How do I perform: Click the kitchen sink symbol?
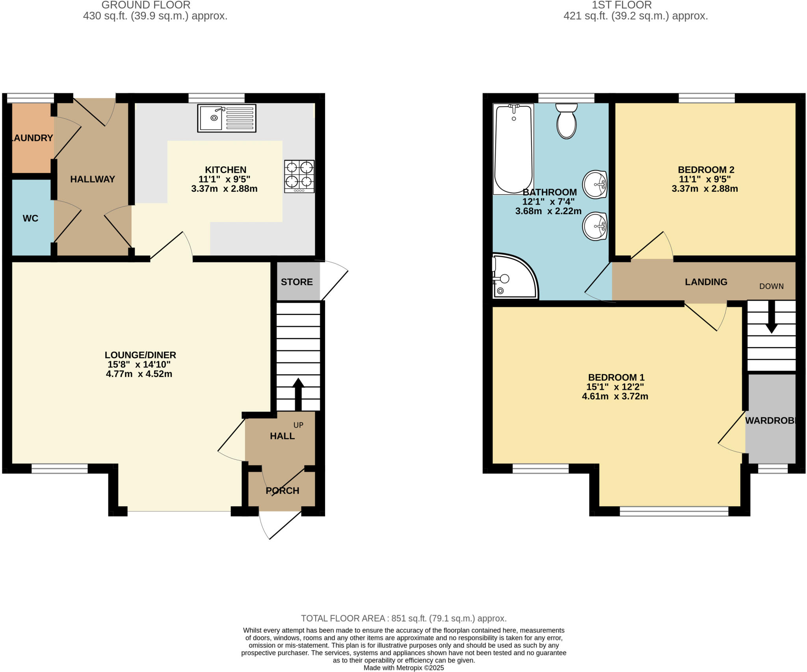[227, 118]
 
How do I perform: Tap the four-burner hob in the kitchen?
[299, 176]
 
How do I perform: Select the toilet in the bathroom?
[567, 121]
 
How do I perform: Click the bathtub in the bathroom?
[513, 149]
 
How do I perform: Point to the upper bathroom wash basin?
[595, 184]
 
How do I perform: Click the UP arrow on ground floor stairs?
[298, 394]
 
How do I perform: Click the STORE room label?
[297, 282]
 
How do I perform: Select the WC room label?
[30, 218]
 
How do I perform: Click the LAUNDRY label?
[32, 138]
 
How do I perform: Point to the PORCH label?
[282, 491]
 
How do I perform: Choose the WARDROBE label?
[770, 420]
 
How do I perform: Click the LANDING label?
[706, 282]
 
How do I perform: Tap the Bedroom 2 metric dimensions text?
[705, 189]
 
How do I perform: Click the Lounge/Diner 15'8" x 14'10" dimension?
[139, 365]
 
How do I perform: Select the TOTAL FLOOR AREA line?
[403, 618]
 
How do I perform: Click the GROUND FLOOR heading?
[146, 5]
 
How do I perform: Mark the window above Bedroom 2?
[707, 98]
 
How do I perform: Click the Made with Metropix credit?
[403, 668]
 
